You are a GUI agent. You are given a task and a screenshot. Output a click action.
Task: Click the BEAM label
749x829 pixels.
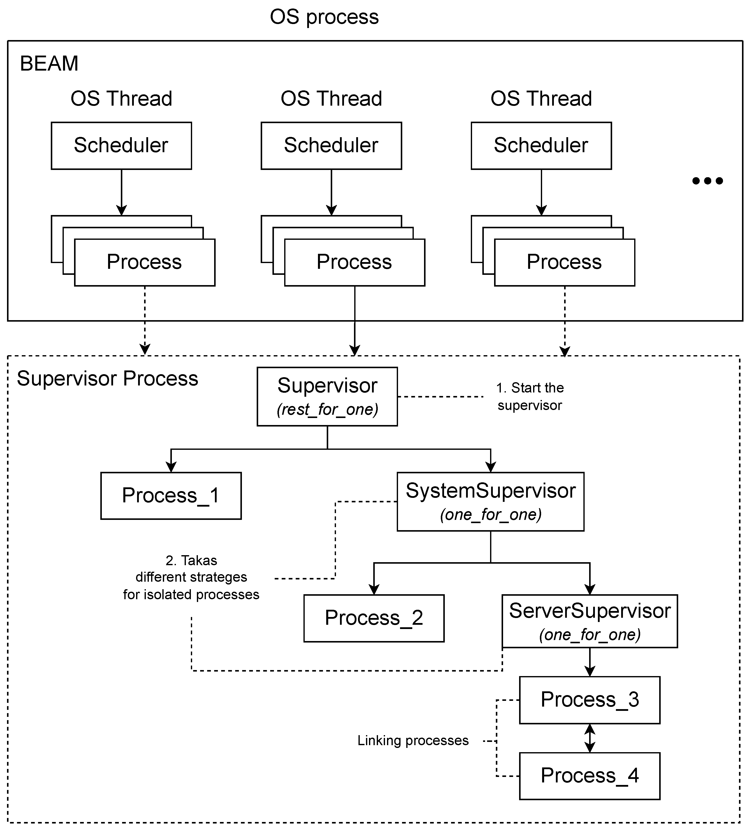click(x=49, y=64)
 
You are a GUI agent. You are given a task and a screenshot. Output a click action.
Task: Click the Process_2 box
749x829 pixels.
click(x=374, y=618)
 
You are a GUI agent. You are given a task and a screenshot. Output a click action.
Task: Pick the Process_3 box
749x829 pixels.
click(x=589, y=700)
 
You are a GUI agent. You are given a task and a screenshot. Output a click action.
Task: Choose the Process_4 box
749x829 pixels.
click(x=589, y=776)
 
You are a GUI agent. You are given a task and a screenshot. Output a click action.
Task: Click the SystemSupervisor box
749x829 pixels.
click(x=490, y=501)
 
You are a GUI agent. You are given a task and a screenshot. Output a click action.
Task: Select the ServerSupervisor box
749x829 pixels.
click(x=589, y=621)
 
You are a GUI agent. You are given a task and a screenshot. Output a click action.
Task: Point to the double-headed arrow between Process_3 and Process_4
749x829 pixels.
click(x=589, y=738)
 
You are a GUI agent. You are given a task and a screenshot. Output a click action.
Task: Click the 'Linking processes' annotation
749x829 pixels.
click(x=413, y=741)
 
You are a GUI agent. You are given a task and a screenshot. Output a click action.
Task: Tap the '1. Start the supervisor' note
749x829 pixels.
click(x=530, y=396)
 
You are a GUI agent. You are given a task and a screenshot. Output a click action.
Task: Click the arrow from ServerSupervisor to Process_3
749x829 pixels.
click(x=589, y=662)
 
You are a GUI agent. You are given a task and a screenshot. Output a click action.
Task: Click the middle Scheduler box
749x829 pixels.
click(x=331, y=146)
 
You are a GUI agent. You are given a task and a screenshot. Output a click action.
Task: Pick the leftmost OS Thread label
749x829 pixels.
click(x=121, y=99)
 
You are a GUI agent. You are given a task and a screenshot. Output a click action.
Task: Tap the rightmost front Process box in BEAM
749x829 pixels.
click(x=564, y=262)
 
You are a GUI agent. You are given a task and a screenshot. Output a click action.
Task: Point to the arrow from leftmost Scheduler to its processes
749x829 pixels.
click(x=121, y=192)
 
